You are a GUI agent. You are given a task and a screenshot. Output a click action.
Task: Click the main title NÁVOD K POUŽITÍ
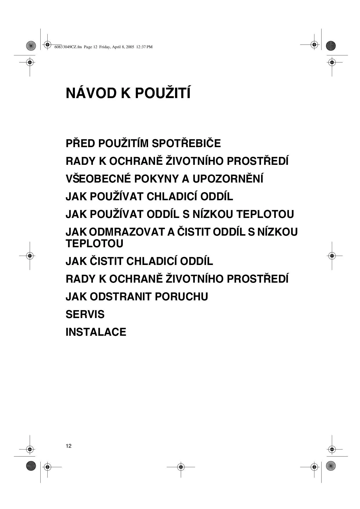(x=128, y=93)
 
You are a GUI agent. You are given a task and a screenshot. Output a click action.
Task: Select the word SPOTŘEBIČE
(x=186, y=144)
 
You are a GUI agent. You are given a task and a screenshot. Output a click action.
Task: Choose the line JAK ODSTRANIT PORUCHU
(x=137, y=297)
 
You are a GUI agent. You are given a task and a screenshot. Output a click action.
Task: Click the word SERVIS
(x=85, y=314)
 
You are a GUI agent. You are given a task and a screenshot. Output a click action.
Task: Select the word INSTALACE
(x=96, y=332)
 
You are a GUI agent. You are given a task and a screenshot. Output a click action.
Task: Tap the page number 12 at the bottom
(x=69, y=446)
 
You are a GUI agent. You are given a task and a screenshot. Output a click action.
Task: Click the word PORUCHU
(x=181, y=297)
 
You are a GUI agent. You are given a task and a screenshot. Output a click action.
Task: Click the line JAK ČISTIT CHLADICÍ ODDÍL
(x=139, y=261)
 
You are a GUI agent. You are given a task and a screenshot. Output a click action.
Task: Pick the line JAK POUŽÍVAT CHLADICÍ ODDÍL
(x=149, y=196)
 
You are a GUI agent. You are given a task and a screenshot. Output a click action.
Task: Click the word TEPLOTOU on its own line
(x=94, y=243)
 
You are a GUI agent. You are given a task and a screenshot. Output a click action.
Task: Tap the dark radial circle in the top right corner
(x=331, y=46)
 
